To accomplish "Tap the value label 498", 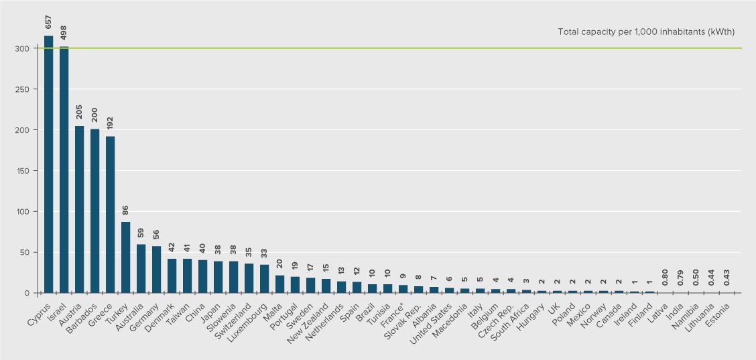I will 64,34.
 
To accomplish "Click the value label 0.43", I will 728,278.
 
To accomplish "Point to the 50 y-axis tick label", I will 24,252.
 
